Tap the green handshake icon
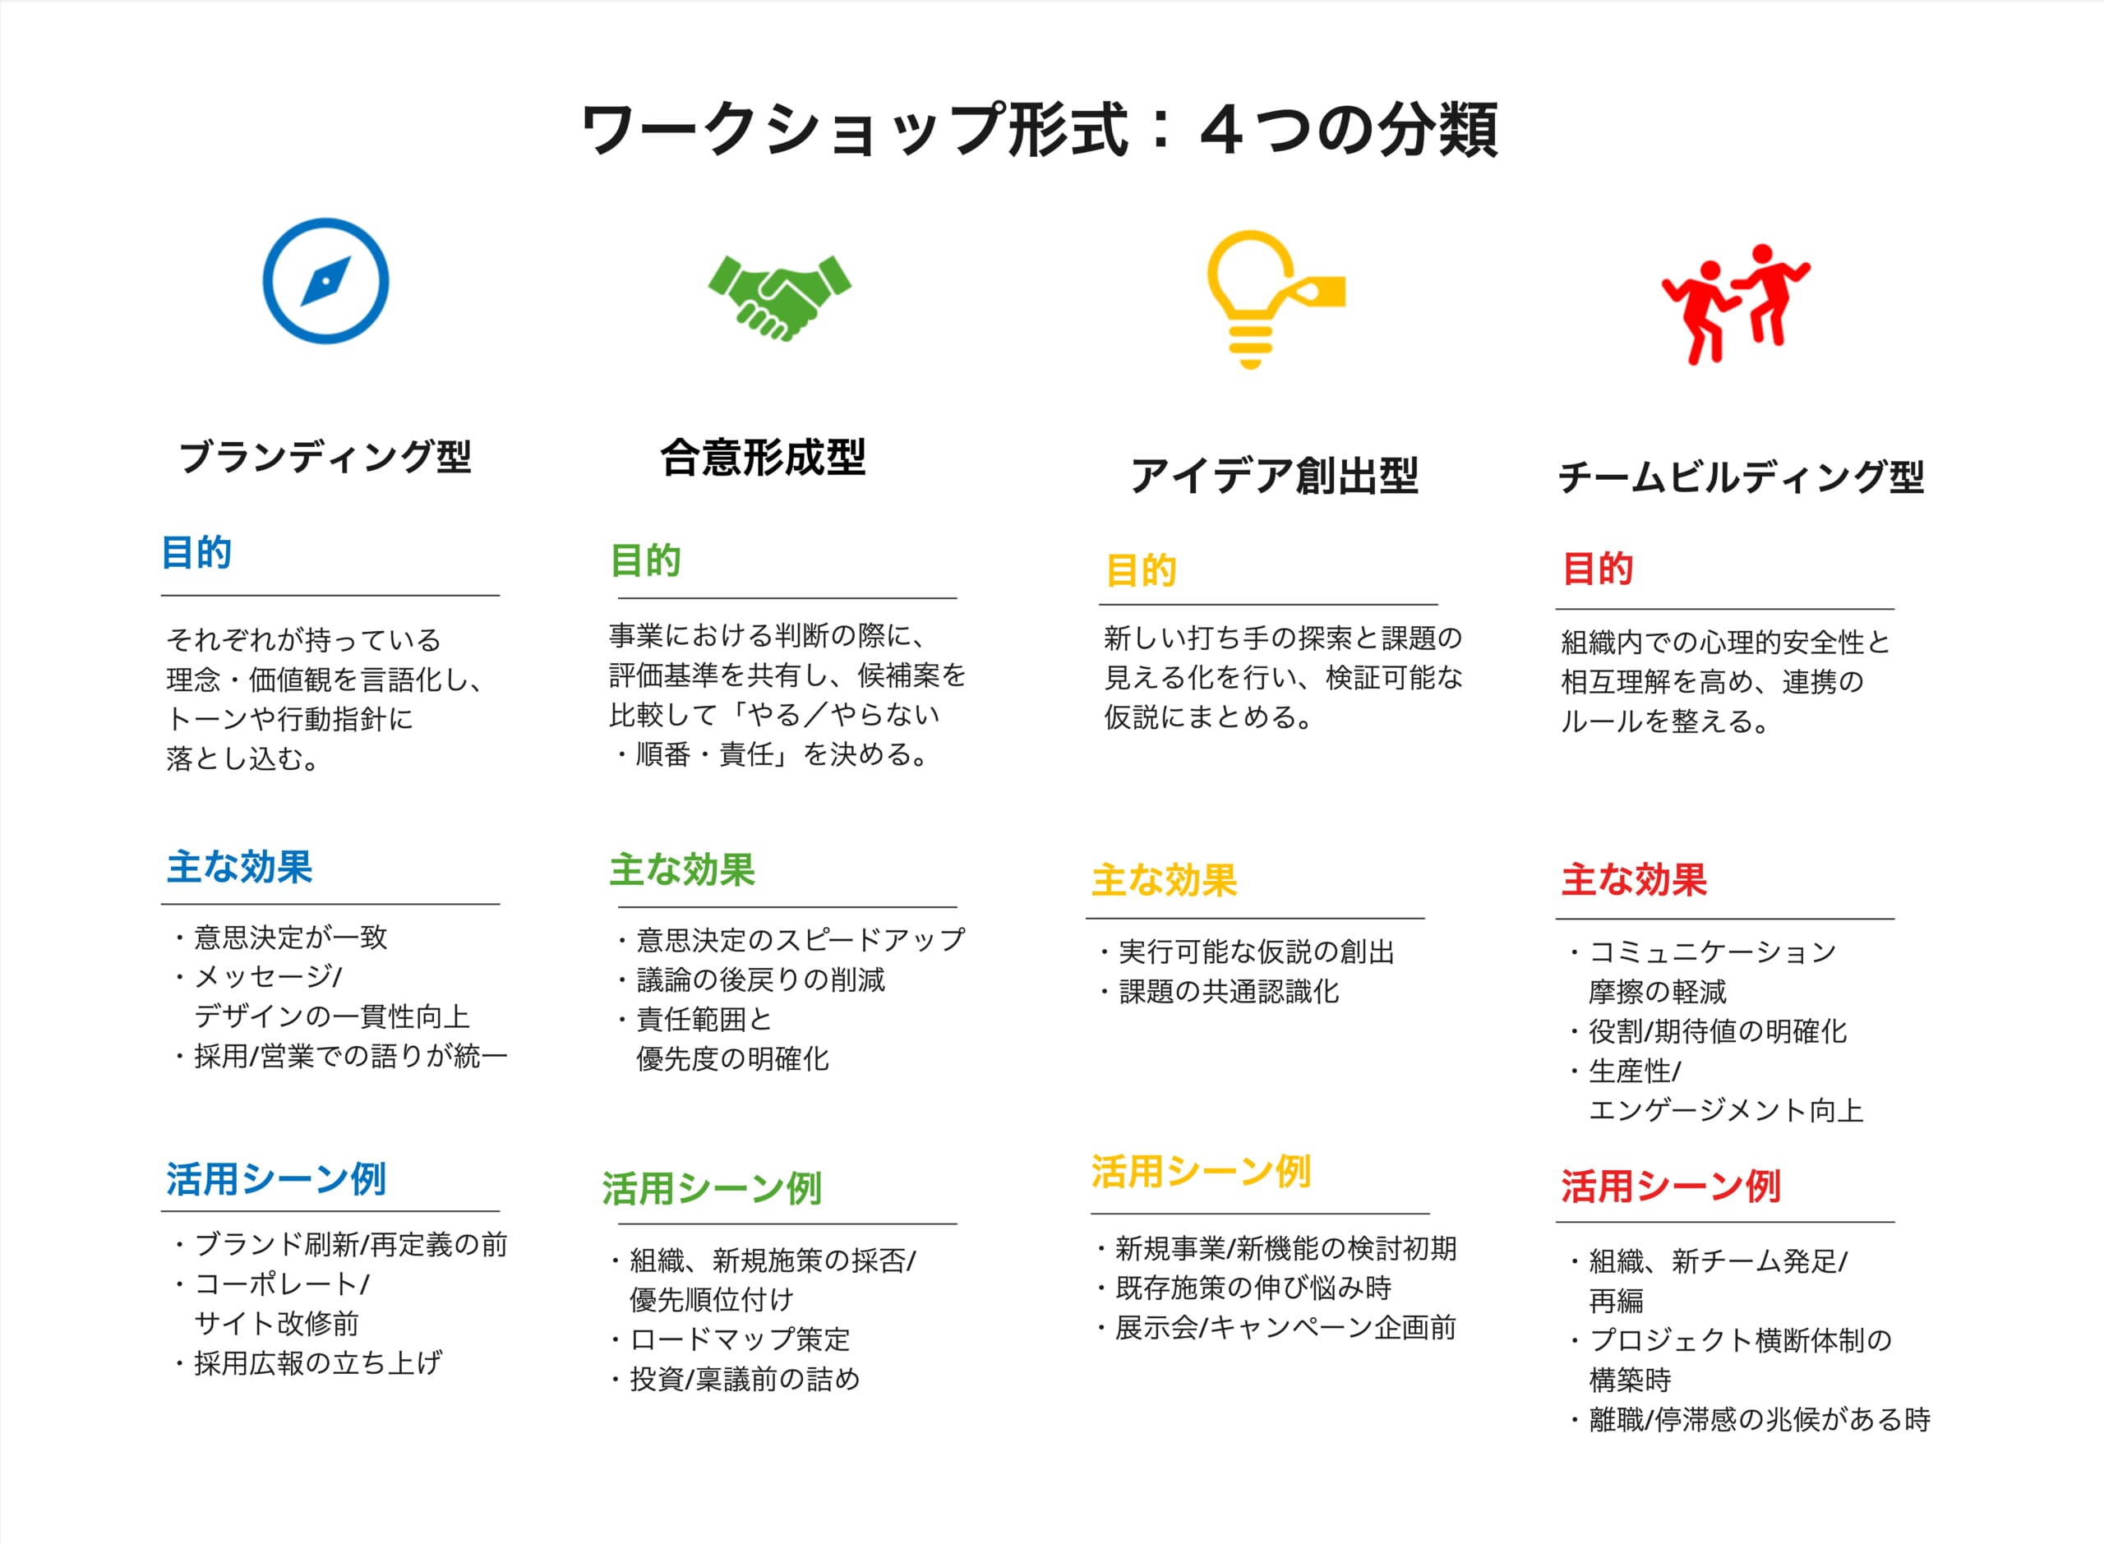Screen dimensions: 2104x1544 pos(779,297)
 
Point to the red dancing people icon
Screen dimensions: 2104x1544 pos(1735,304)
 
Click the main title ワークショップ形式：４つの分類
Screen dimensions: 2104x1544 pos(1040,129)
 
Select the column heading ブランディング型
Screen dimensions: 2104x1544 pos(325,457)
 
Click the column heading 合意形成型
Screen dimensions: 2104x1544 pos(763,457)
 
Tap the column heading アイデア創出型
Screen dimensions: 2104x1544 pos(1274,476)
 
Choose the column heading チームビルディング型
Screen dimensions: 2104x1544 pos(1741,477)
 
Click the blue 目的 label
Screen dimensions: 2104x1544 pos(196,552)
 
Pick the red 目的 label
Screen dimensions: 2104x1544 pos(1598,569)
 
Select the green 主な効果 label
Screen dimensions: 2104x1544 pos(681,870)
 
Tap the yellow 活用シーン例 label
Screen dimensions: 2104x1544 pos(1201,1171)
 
